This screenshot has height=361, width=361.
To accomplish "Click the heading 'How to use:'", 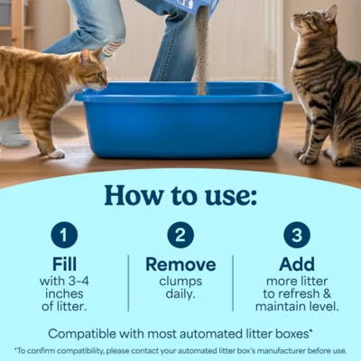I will click(180, 195).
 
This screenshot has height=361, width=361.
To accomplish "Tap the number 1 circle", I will click(64, 235).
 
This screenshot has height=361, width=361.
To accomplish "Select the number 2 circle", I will click(180, 235).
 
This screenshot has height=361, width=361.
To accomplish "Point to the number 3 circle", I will click(297, 235).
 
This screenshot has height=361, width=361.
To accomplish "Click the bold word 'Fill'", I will click(64, 264).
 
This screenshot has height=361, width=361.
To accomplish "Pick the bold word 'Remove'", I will click(180, 264).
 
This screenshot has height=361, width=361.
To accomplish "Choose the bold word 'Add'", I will click(297, 264).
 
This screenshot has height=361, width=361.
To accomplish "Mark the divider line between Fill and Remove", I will click(128, 282).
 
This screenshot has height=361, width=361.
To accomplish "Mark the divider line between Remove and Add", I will click(234, 282).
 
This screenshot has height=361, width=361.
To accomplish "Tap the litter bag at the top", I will click(194, 5).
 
